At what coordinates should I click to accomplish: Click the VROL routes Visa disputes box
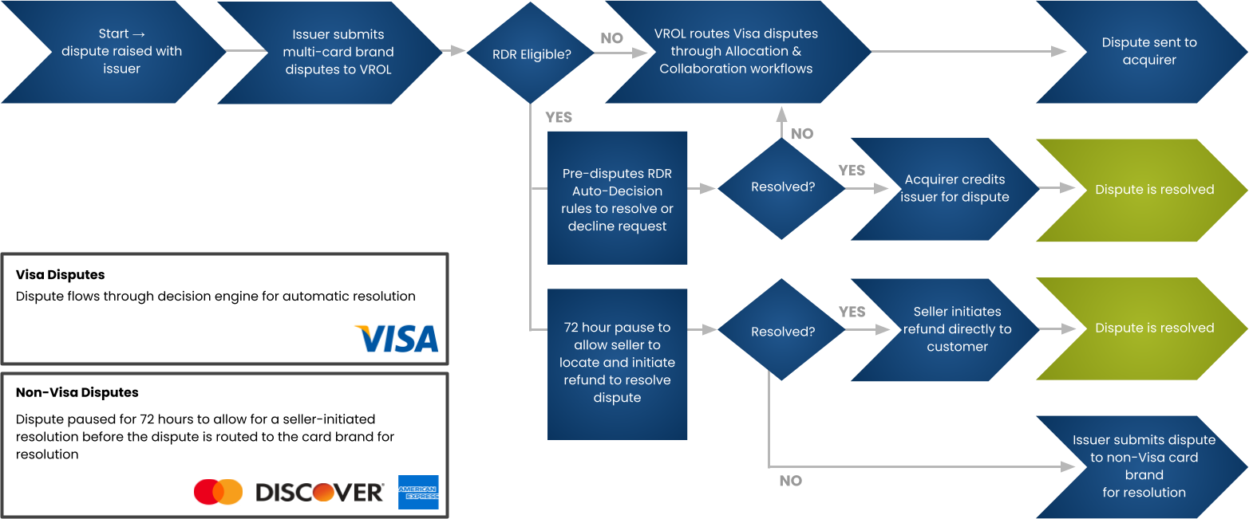[x=736, y=52]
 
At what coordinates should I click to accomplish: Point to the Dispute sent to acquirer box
[x=1149, y=52]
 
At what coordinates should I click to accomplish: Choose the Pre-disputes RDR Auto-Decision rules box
[x=617, y=199]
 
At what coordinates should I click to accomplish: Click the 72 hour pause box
[x=617, y=363]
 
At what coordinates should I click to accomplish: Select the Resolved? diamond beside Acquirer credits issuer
[x=782, y=187]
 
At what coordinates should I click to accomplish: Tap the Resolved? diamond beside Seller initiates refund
[x=782, y=331]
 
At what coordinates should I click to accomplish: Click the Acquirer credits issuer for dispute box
[x=954, y=188]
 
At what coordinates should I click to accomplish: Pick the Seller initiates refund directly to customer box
[x=956, y=329]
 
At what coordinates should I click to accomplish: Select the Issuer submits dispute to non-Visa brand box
[x=1144, y=466]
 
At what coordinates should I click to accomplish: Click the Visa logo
[x=397, y=339]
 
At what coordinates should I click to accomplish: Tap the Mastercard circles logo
[x=218, y=492]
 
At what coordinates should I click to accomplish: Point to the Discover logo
[x=319, y=493]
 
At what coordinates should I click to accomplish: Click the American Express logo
[x=418, y=492]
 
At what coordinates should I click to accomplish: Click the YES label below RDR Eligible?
[x=559, y=117]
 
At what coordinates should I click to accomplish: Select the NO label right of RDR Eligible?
[x=611, y=37]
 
